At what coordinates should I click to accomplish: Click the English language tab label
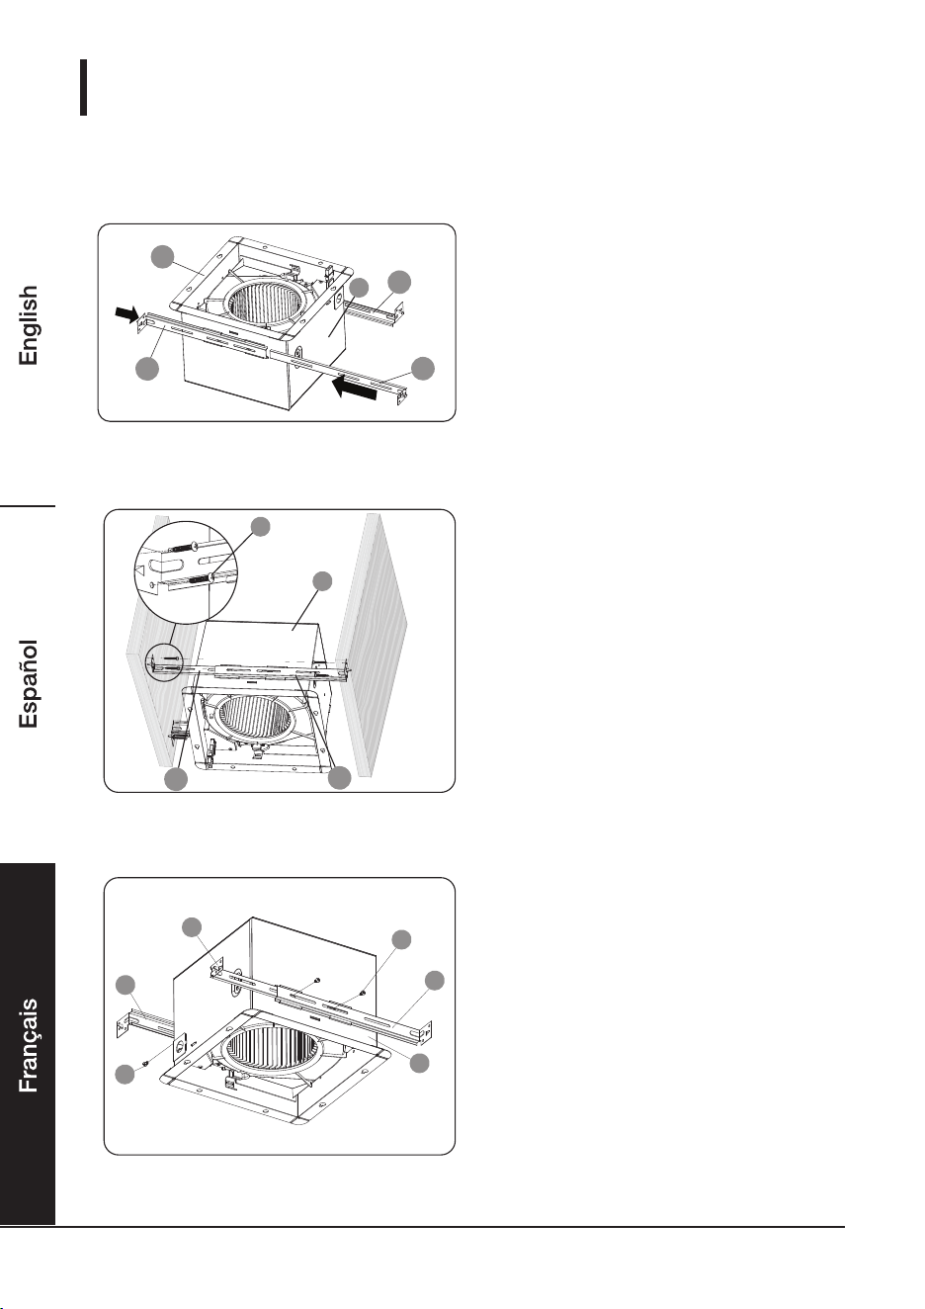click(x=28, y=325)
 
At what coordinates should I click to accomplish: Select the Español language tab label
click(x=28, y=684)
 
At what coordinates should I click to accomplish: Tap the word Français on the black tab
click(x=28, y=1045)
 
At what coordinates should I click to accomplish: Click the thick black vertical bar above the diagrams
click(x=83, y=87)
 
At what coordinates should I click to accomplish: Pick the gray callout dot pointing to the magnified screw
click(x=261, y=527)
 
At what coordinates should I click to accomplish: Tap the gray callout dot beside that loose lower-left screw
click(x=126, y=1074)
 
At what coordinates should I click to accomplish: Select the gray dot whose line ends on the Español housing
click(x=322, y=581)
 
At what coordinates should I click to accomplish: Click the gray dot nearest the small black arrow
click(x=147, y=369)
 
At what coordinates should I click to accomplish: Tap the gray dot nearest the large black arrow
click(x=423, y=368)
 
